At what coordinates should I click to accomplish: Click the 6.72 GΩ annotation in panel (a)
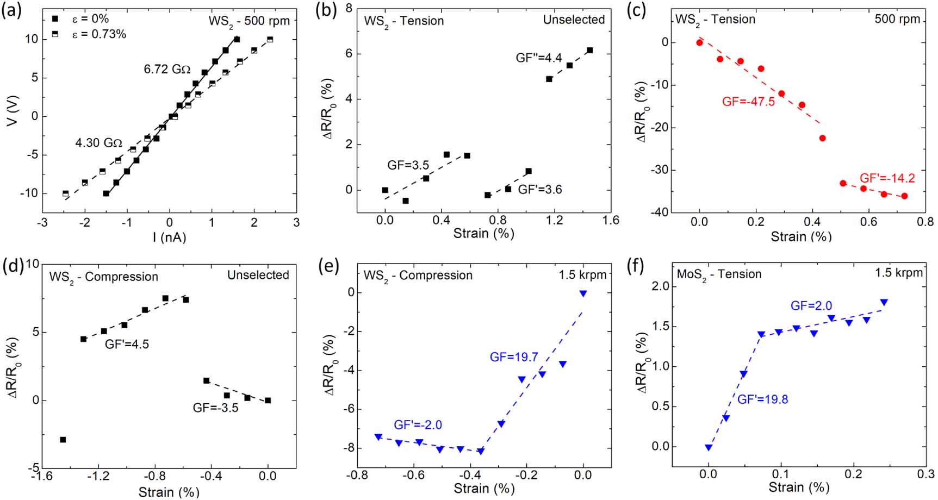coord(167,69)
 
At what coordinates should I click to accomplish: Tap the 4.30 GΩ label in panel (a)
coord(98,143)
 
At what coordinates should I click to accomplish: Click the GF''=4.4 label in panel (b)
coord(538,58)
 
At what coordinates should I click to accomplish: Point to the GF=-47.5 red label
coord(748,102)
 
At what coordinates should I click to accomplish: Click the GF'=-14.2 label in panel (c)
coord(887,178)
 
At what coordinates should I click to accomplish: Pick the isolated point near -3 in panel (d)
coord(63,440)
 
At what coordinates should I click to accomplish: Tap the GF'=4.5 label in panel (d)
coord(127,344)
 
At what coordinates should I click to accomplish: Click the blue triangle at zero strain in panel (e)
coord(583,293)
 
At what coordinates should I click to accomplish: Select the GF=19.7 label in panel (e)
coord(514,357)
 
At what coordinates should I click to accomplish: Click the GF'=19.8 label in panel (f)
coord(762,399)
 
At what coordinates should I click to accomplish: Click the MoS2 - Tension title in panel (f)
coord(719,274)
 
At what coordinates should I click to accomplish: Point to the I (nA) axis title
coord(169,237)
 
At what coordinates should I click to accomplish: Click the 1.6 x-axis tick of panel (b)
coord(611,220)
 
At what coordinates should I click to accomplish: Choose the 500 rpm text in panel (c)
coord(897,19)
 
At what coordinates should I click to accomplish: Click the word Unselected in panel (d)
coord(258,275)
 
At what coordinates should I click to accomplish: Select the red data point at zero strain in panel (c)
coord(700,42)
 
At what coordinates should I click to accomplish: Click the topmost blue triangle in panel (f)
coord(884,302)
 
